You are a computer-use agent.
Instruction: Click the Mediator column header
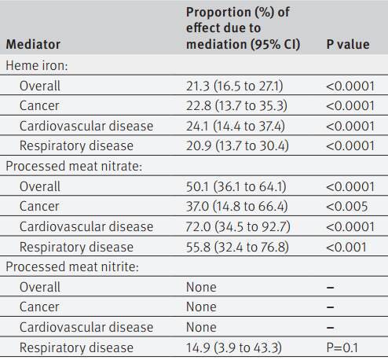point(33,44)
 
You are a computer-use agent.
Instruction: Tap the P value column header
point(348,44)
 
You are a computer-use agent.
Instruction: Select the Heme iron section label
point(37,65)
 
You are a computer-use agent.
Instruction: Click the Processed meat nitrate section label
point(74,166)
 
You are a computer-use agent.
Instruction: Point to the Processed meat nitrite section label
point(72,266)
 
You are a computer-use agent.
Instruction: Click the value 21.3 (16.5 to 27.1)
point(235,86)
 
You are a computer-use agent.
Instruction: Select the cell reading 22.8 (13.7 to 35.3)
point(236,106)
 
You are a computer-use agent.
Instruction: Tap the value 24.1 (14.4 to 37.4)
point(236,126)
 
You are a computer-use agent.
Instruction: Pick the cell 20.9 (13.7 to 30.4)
point(237,146)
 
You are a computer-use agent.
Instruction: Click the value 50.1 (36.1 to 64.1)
point(236,186)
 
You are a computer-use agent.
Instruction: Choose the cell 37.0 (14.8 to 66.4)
point(237,207)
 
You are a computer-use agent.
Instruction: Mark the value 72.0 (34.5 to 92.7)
point(238,226)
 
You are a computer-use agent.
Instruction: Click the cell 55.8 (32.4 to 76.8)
point(237,247)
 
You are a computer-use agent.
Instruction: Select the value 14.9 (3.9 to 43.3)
point(234,347)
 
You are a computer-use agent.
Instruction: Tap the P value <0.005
point(347,207)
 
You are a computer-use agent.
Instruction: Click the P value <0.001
point(346,247)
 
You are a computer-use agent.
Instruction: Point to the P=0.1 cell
point(342,347)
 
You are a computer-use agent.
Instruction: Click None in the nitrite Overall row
point(201,287)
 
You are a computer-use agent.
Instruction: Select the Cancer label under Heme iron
point(39,106)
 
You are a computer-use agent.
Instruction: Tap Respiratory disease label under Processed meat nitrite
point(76,347)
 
